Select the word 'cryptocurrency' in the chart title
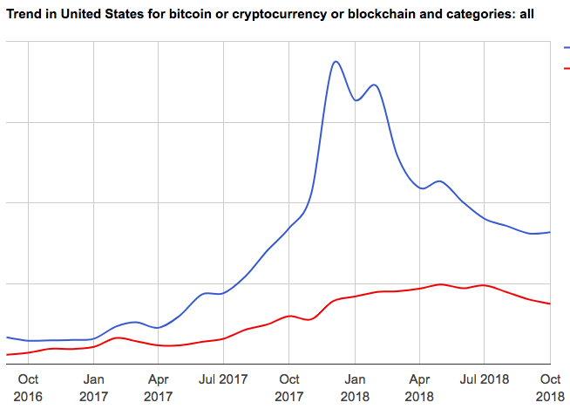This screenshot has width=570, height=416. click(x=277, y=15)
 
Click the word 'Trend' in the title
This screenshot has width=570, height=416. click(x=24, y=15)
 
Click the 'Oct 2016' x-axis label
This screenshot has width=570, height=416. click(x=28, y=388)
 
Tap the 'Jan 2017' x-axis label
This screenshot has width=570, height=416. click(x=93, y=388)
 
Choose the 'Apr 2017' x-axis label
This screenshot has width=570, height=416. click(x=158, y=388)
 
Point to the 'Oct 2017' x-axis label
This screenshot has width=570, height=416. click(x=289, y=388)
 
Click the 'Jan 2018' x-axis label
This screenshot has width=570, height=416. click(x=355, y=388)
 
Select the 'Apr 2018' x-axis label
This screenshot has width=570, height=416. click(x=419, y=388)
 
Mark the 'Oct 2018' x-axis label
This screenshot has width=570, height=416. click(x=550, y=388)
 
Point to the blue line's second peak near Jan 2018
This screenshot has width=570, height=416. click(x=374, y=85)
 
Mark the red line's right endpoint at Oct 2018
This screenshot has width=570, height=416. click(x=550, y=303)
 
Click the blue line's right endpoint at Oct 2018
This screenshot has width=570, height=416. click(x=550, y=232)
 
